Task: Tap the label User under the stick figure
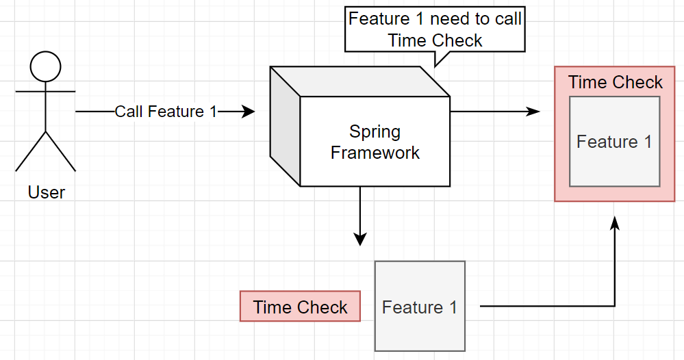(x=47, y=192)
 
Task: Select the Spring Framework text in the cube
(x=375, y=142)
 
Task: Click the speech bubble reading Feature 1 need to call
(x=435, y=29)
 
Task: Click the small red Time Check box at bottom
(x=300, y=307)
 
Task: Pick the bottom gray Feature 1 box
(x=420, y=307)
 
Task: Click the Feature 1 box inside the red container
(x=614, y=142)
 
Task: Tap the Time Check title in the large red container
(x=615, y=83)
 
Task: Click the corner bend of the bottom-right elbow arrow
(x=615, y=306)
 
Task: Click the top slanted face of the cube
(x=359, y=81)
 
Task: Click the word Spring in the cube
(x=375, y=131)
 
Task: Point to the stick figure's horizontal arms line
(x=45, y=91)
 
